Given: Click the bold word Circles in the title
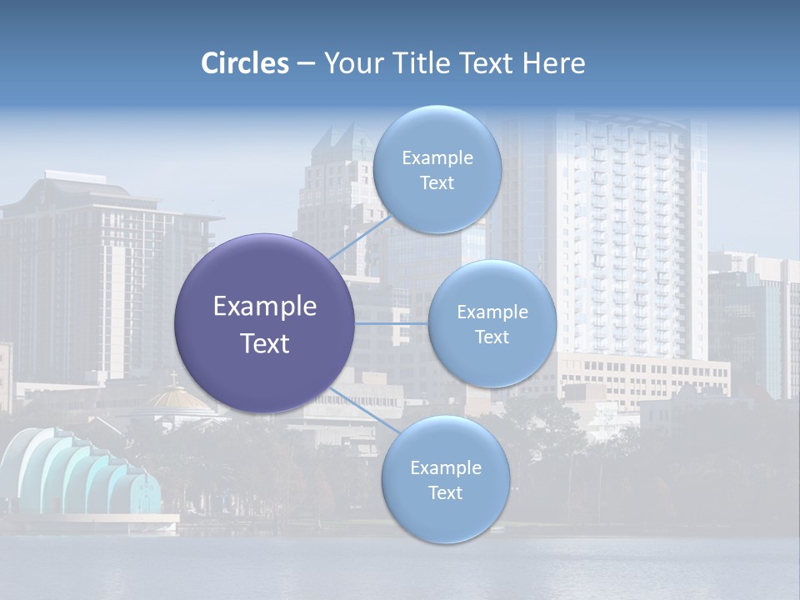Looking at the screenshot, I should click(x=245, y=63).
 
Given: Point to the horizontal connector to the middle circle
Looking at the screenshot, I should click(x=392, y=323).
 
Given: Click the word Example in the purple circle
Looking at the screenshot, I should click(x=265, y=307).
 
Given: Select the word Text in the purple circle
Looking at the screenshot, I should click(x=265, y=343).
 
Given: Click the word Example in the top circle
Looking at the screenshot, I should click(x=437, y=158).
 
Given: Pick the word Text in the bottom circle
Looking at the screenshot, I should click(x=445, y=492).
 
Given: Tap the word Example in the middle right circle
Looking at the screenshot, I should click(x=492, y=312).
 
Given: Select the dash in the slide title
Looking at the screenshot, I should click(x=306, y=63).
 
